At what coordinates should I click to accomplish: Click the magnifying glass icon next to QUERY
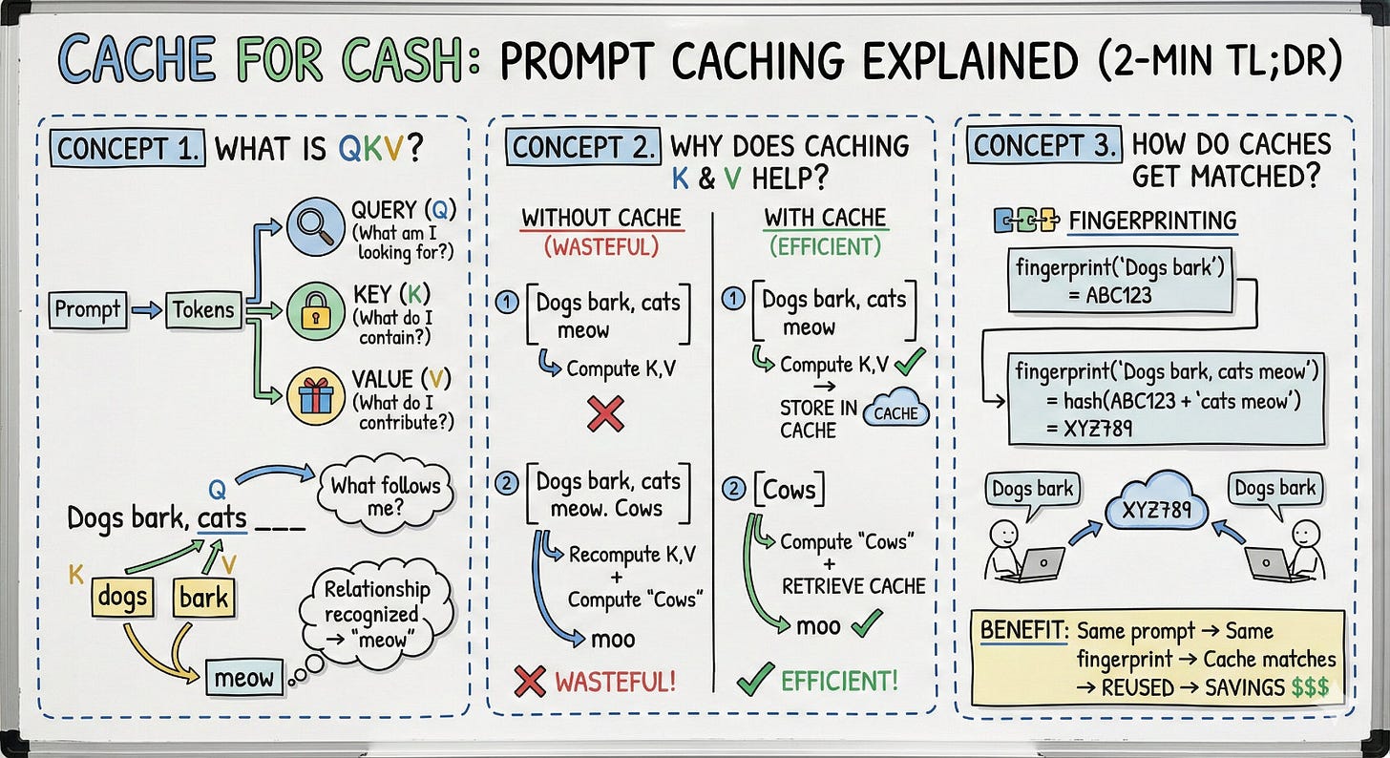tap(315, 225)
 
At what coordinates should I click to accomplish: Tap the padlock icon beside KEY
tap(315, 310)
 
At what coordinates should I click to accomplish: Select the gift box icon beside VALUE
tap(315, 395)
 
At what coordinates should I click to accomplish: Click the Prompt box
tap(89, 310)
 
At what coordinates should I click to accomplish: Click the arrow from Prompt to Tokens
tap(146, 310)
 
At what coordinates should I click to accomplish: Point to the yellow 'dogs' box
tap(122, 599)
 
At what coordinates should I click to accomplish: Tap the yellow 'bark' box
tap(203, 599)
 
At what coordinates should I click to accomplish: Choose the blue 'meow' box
tap(244, 679)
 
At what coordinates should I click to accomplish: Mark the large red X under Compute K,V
tap(605, 412)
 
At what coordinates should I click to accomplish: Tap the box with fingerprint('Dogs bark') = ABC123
tap(1120, 280)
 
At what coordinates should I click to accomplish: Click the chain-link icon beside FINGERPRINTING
tap(1026, 220)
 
